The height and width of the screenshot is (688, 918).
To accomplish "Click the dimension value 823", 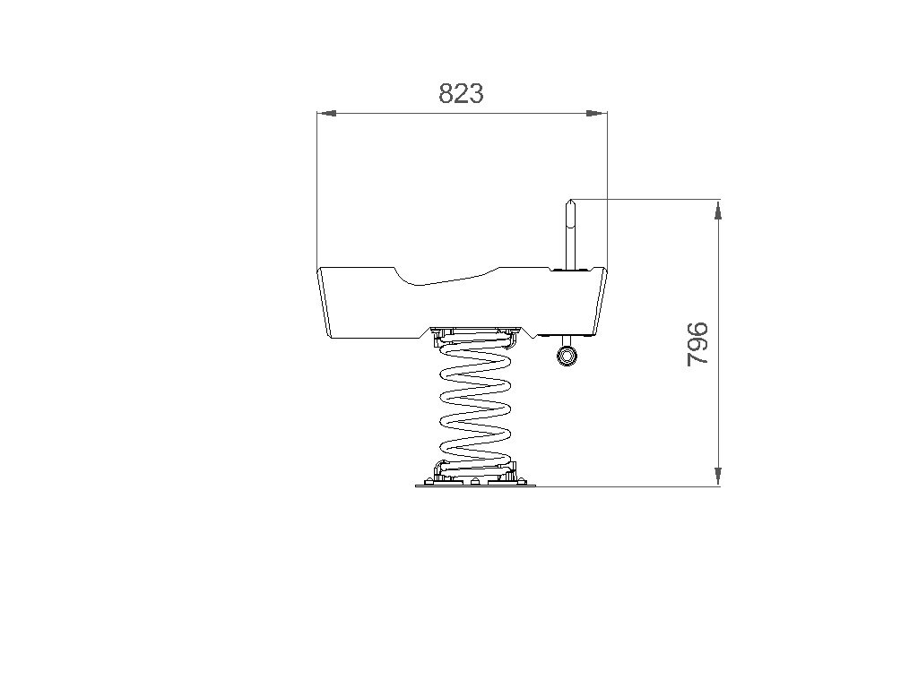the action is [x=462, y=93].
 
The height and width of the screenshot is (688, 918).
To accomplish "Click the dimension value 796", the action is [x=697, y=344].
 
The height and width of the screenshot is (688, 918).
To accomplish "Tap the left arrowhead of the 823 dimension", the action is [x=326, y=113].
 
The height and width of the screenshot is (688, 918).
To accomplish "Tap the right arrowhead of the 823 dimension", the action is [x=598, y=113].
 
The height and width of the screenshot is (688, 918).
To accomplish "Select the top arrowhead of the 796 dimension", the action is [x=718, y=210].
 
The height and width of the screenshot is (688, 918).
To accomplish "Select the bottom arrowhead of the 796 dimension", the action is [x=718, y=477].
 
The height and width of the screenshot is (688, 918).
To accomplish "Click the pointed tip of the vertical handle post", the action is [x=570, y=200].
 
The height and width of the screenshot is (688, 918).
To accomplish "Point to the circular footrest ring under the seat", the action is [x=567, y=356].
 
